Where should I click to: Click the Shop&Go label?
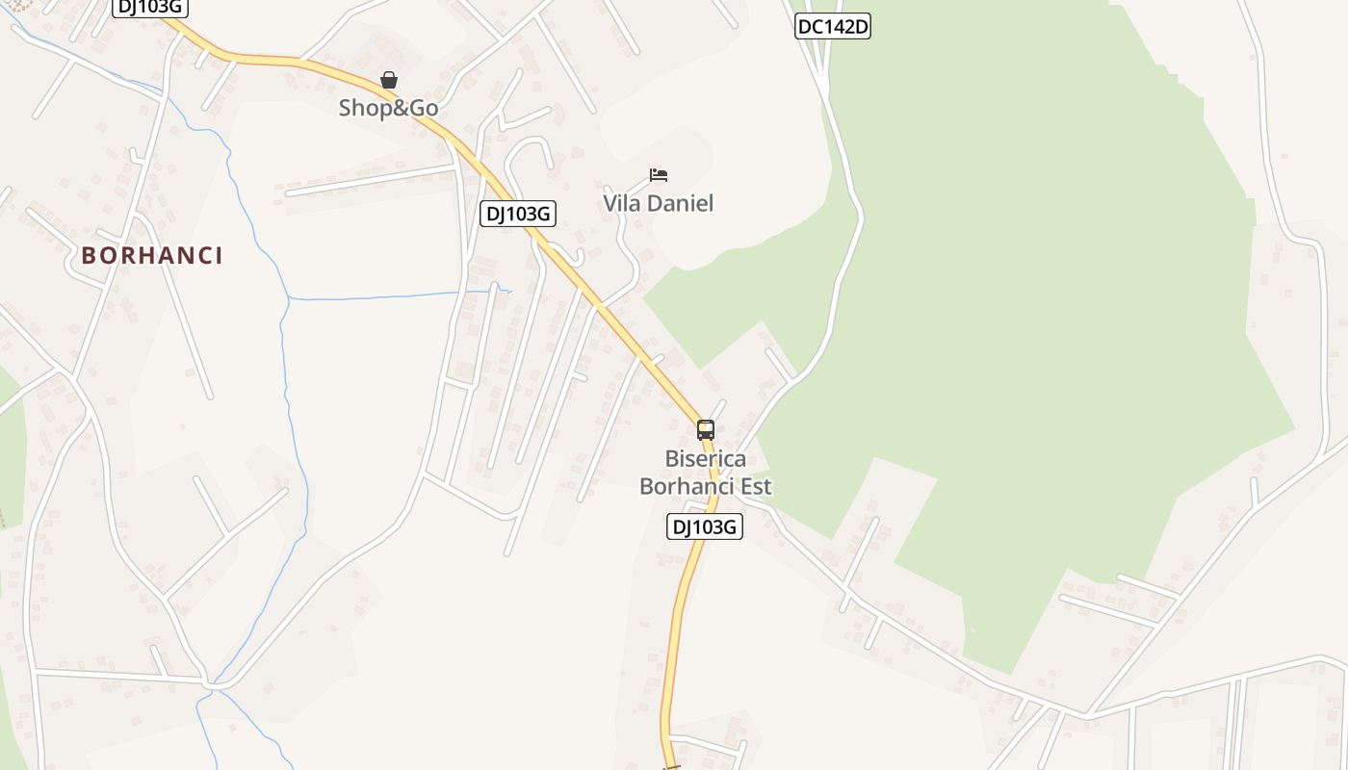(388, 108)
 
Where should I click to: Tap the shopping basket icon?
(389, 80)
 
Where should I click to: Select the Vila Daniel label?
(658, 203)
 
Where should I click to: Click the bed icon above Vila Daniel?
(659, 175)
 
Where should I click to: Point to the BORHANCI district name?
(152, 255)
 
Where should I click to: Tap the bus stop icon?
(706, 430)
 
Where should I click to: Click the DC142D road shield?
(833, 27)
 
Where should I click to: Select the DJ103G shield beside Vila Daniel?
(518, 214)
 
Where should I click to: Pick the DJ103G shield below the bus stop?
(705, 526)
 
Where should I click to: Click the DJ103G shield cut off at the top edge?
(149, 7)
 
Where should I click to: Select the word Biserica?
(706, 459)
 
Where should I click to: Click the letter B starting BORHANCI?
(89, 255)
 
